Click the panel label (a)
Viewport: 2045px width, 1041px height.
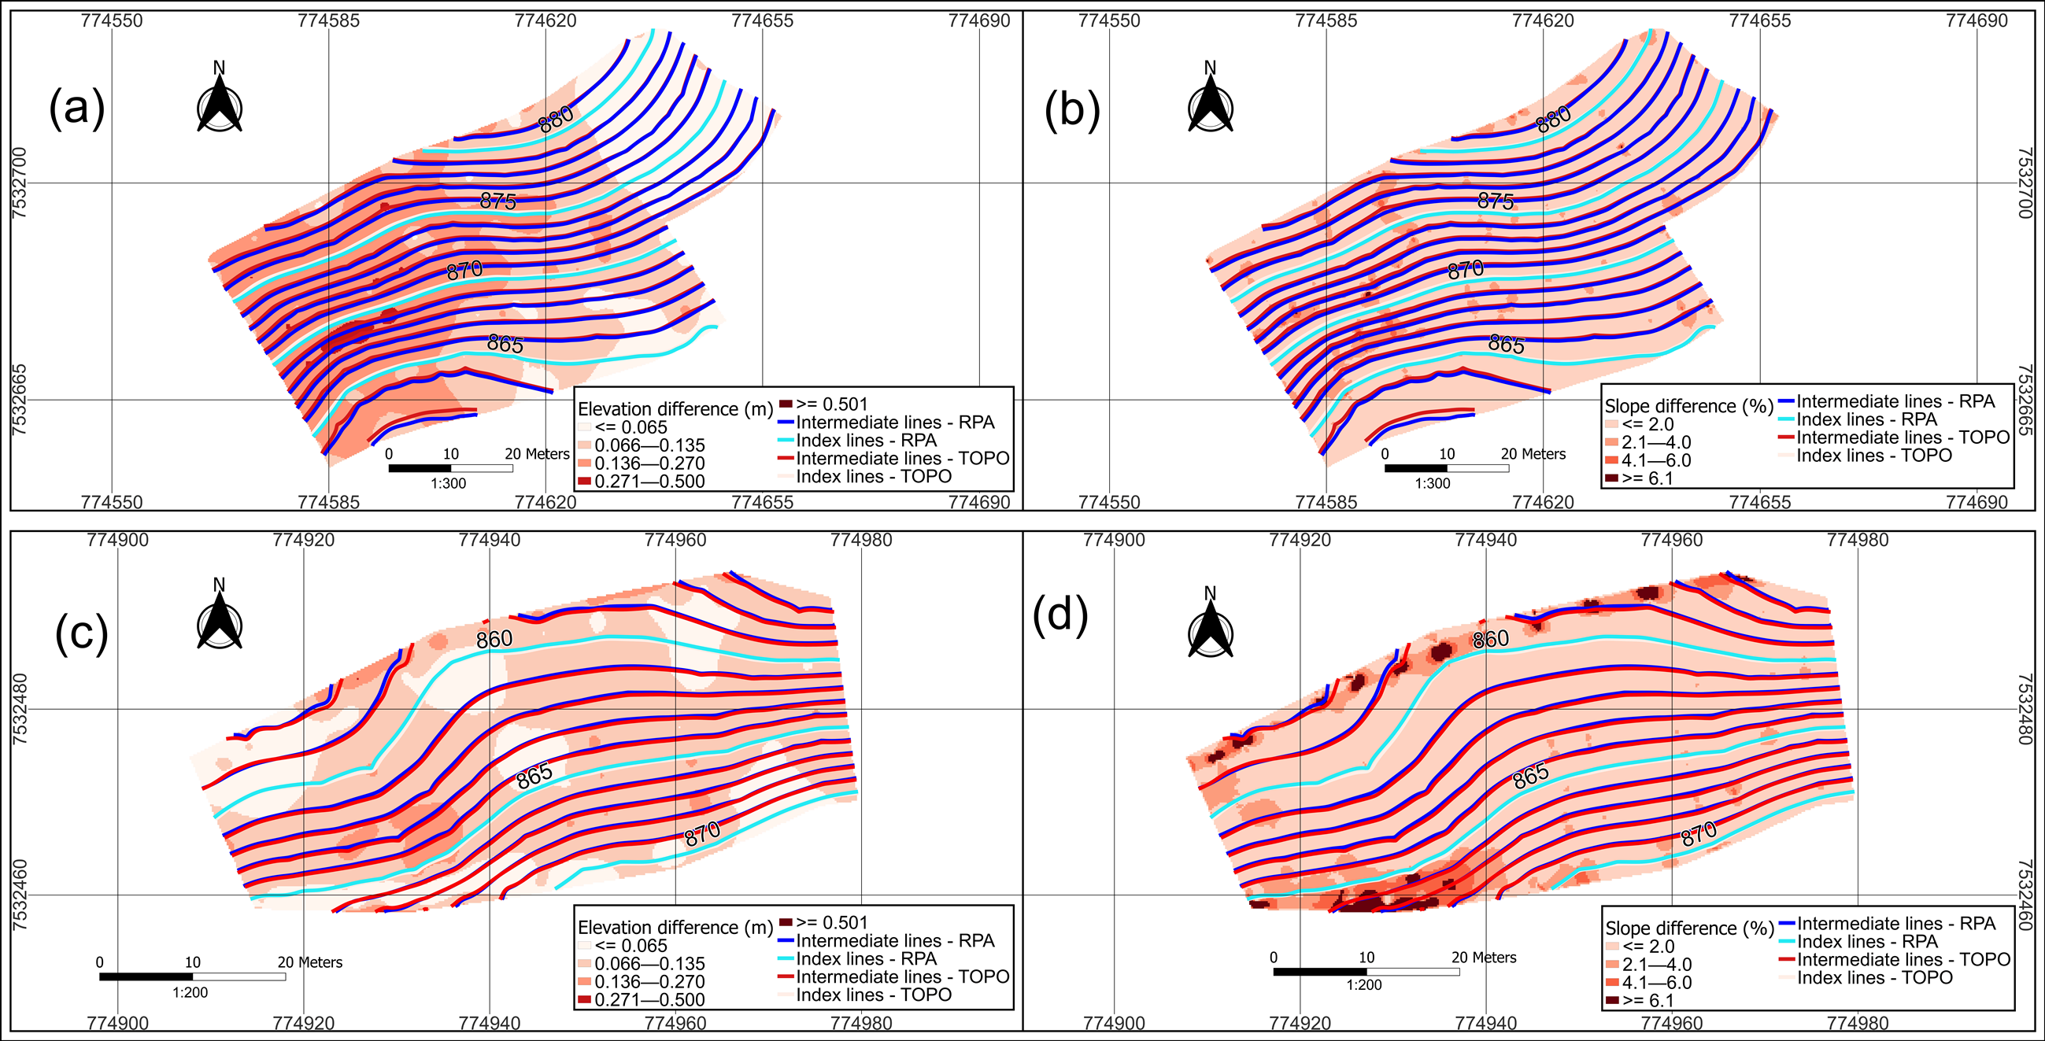pyautogui.click(x=77, y=109)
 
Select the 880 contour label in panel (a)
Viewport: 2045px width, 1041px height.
pyautogui.click(x=556, y=120)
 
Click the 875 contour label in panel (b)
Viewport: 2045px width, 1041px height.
pyautogui.click(x=1495, y=201)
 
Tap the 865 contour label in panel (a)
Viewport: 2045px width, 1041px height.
pyautogui.click(x=505, y=345)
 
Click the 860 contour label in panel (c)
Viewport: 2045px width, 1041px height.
pyautogui.click(x=494, y=640)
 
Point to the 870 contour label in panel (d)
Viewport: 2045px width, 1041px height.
pyautogui.click(x=1698, y=834)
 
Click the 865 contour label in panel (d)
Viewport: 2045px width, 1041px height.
pyautogui.click(x=1529, y=776)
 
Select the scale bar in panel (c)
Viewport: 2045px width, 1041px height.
pyautogui.click(x=192, y=976)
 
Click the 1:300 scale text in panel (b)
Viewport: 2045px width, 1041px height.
pyautogui.click(x=1431, y=483)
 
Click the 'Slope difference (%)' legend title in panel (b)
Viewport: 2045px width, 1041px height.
pyautogui.click(x=1688, y=406)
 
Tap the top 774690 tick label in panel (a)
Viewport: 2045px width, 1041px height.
pyautogui.click(x=979, y=20)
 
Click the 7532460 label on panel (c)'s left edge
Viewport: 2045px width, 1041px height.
pyautogui.click(x=20, y=895)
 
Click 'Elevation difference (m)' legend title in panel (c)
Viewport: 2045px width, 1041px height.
pyautogui.click(x=675, y=928)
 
